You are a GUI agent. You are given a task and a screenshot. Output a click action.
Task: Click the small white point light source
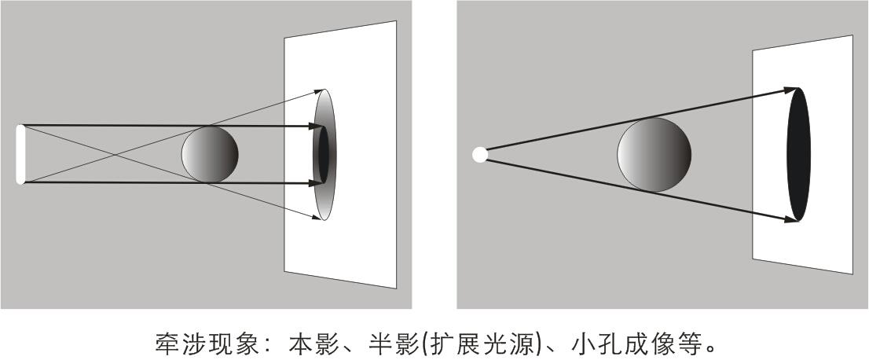(x=480, y=154)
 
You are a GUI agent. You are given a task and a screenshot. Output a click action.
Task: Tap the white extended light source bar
(x=20, y=154)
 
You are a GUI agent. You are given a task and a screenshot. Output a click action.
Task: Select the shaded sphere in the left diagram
(x=210, y=154)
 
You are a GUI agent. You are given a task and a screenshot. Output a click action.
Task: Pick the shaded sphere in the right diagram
(x=654, y=154)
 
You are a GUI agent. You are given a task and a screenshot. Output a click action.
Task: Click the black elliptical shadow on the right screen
(x=798, y=154)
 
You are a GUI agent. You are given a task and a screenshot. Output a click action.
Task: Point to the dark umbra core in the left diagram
(x=323, y=154)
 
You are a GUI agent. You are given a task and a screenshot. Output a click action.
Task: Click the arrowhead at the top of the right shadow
(x=791, y=90)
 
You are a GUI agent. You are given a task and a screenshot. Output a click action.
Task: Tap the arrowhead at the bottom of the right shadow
(x=791, y=219)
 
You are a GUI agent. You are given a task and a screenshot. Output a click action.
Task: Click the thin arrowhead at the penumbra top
(x=319, y=90)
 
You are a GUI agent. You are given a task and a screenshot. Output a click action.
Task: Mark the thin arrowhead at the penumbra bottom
(x=317, y=218)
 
